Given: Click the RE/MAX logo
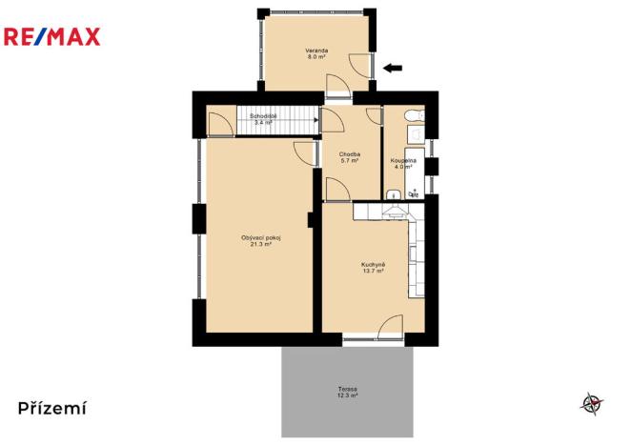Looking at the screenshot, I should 52,37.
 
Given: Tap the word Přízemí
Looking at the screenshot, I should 52,408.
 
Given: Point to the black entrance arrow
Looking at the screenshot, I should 393,67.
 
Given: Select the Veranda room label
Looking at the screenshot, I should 316,50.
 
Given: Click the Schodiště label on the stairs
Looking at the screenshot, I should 263,116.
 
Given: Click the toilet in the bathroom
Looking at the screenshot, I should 413,116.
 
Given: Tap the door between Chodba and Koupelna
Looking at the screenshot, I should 375,119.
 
